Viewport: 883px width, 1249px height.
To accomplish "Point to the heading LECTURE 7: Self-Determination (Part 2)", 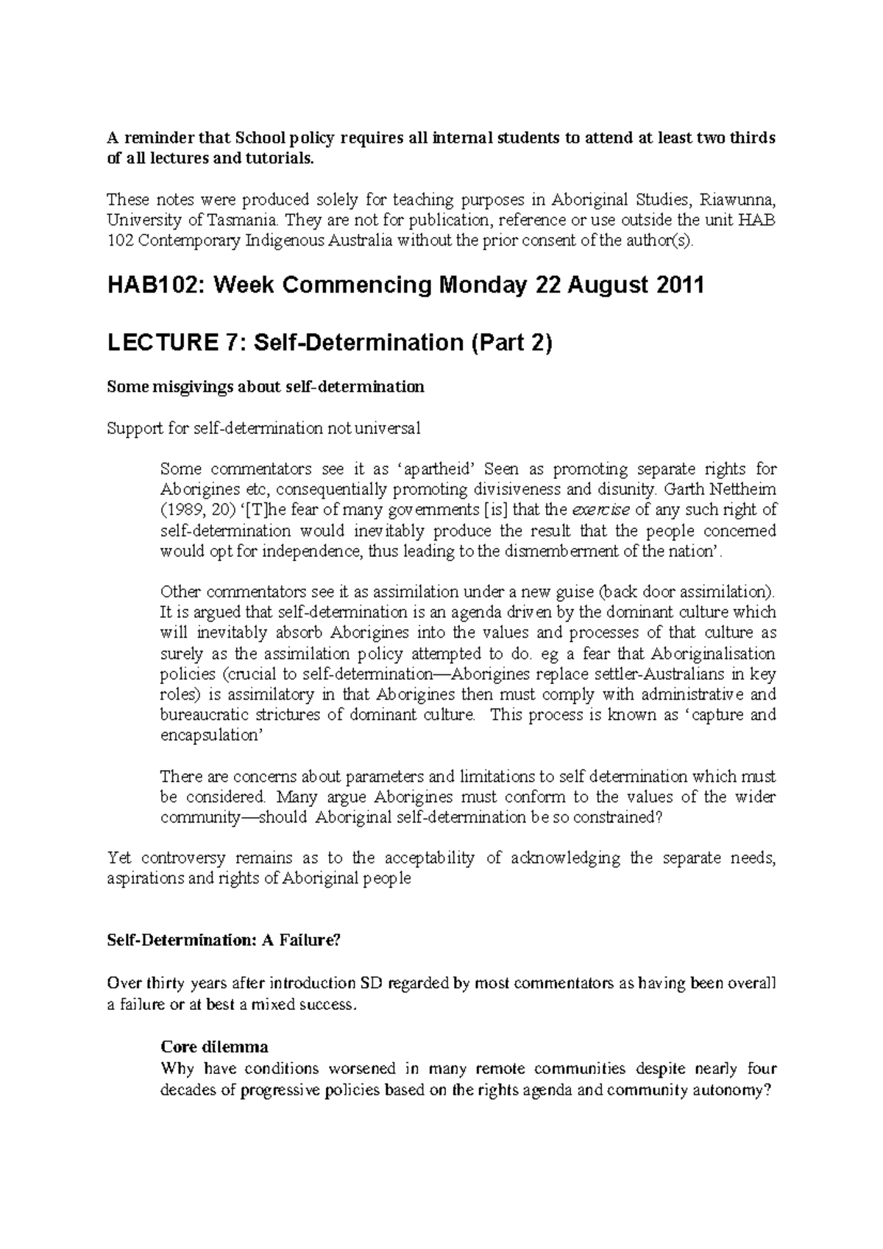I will click(x=329, y=343).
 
